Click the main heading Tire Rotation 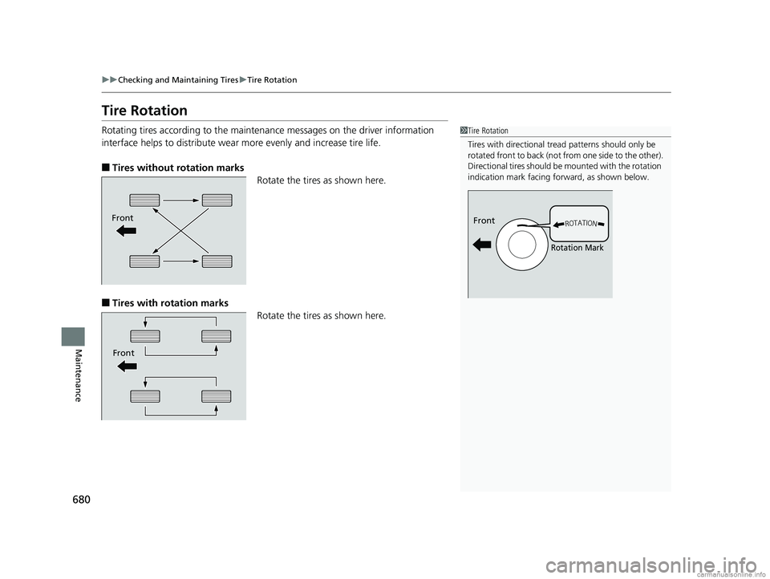click(x=144, y=110)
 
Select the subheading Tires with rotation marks click(x=168, y=302)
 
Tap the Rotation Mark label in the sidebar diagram click(x=577, y=249)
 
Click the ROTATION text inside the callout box click(x=581, y=224)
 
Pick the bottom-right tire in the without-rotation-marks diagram click(x=217, y=261)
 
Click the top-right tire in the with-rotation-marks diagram click(x=217, y=336)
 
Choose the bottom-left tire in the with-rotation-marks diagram click(x=144, y=395)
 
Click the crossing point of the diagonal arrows click(x=181, y=230)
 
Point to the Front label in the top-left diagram click(x=124, y=217)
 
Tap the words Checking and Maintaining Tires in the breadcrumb click(x=168, y=80)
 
